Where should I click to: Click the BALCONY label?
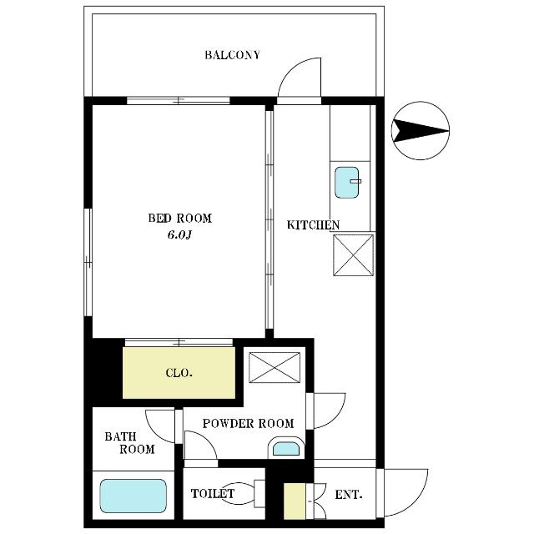click(233, 56)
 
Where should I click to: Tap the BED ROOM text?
click(179, 219)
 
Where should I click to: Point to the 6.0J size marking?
click(179, 235)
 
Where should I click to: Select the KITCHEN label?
click(313, 225)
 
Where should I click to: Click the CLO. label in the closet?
click(179, 373)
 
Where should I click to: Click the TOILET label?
click(213, 494)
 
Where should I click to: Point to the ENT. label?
click(349, 495)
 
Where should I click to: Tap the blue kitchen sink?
click(348, 183)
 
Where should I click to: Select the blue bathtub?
click(133, 496)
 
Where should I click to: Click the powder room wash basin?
click(285, 448)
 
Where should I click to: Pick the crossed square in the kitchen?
click(353, 254)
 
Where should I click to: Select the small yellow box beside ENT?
click(295, 502)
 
